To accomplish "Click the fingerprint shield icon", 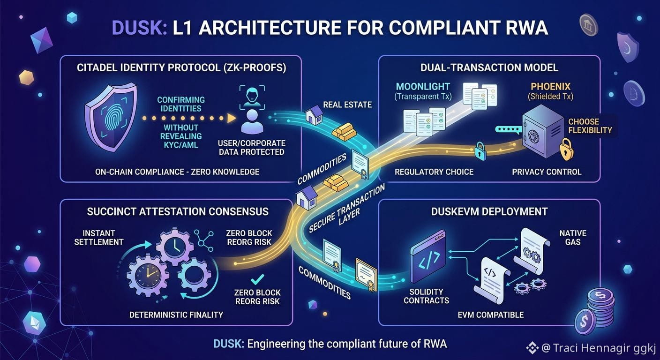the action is (111, 117).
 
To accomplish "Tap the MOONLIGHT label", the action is (423, 87).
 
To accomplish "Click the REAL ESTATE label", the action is (347, 105).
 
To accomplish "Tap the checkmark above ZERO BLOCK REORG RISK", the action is (257, 279).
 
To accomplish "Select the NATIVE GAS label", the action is (573, 238).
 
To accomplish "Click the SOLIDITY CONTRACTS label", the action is (427, 296).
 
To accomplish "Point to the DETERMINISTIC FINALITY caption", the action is (176, 315).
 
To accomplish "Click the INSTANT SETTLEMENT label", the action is (99, 238).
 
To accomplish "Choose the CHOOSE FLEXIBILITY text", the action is (590, 126).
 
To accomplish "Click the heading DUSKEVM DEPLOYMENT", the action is (489, 211).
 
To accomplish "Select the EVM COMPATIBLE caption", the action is (491, 315).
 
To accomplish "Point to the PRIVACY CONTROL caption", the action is (547, 172).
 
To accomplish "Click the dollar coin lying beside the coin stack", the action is (585, 322).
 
